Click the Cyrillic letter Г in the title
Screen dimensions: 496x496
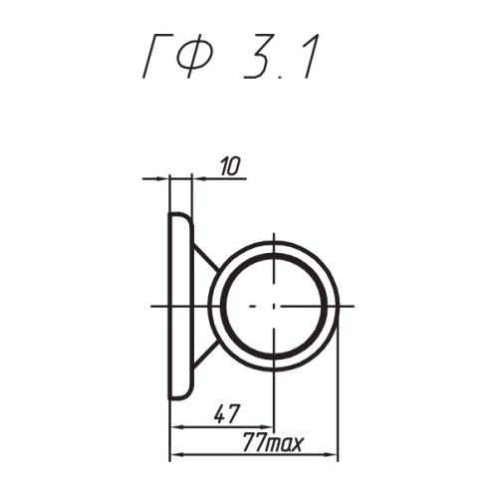tap(153, 57)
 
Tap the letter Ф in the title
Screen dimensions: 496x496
tap(191, 56)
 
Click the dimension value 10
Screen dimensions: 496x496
tap(229, 166)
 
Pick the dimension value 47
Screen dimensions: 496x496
tap(226, 414)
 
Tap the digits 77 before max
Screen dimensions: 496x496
tap(254, 442)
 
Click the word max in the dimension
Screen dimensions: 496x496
tap(285, 444)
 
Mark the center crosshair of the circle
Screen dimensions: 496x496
tap(274, 306)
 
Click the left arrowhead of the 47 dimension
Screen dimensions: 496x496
tap(176, 427)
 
